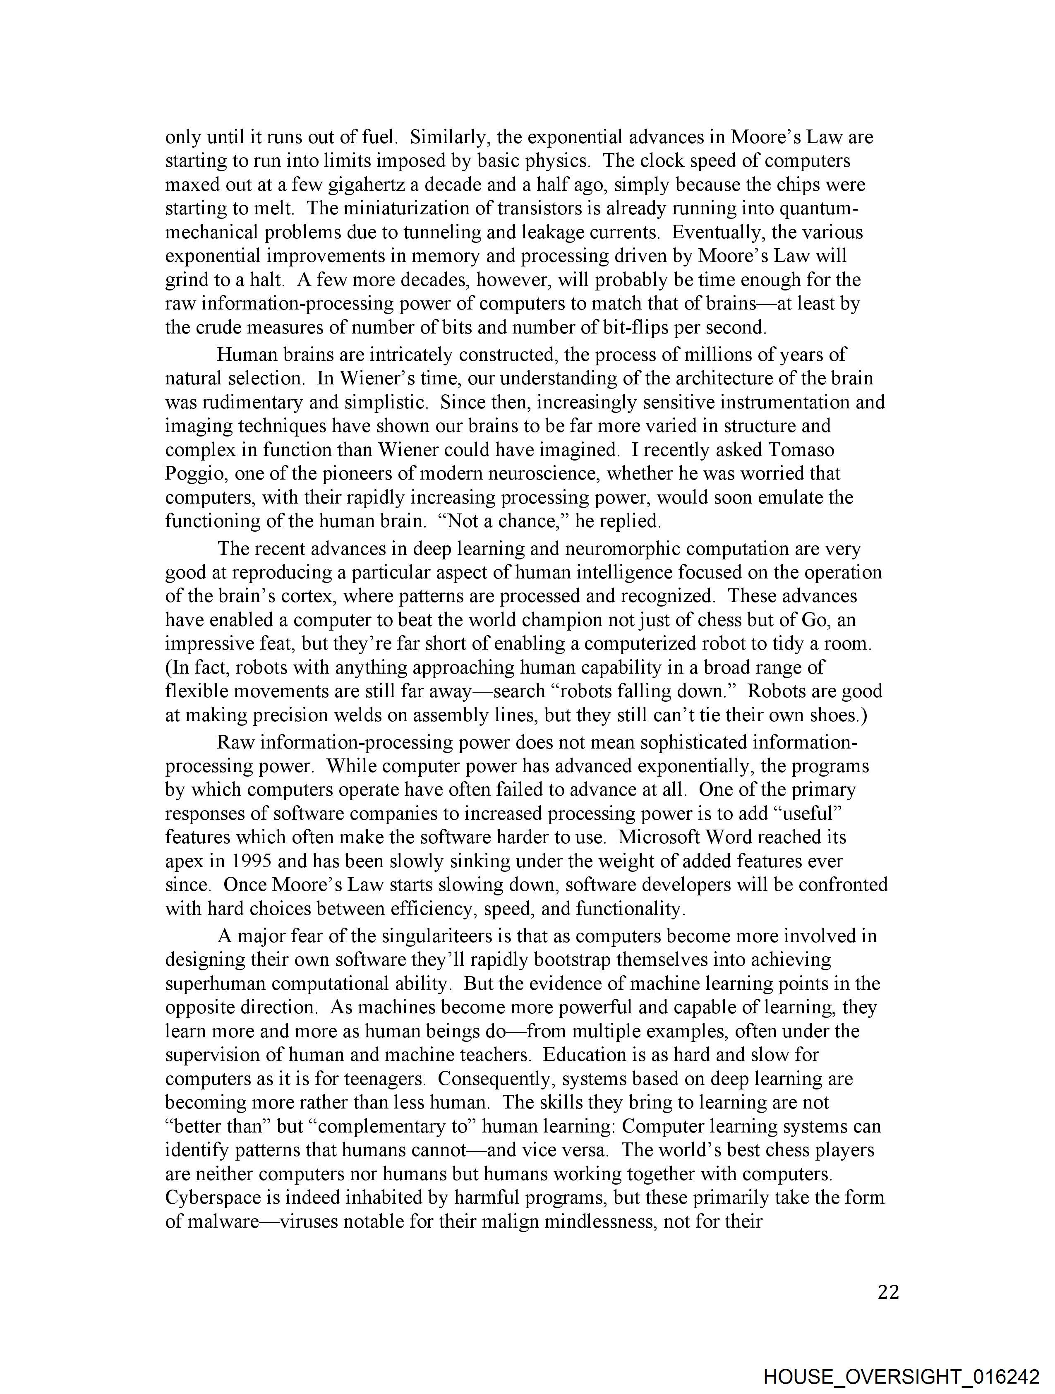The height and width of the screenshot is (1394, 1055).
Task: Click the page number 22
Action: click(x=888, y=1293)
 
